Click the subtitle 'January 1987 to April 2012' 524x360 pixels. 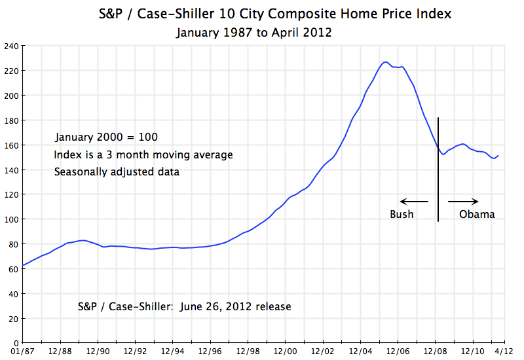point(253,32)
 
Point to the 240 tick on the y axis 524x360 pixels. point(11,46)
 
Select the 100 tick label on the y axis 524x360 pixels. point(11,219)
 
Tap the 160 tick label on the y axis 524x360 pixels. point(11,145)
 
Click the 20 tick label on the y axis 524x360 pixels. point(13,318)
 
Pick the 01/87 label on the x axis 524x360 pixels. point(23,352)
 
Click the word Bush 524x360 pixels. point(402,214)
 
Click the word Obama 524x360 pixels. point(477,214)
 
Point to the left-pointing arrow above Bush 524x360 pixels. point(414,201)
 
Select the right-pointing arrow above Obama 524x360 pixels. point(463,201)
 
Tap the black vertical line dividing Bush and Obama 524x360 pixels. point(438,170)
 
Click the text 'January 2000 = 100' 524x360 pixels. point(106,137)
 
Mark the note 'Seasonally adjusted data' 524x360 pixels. point(117,171)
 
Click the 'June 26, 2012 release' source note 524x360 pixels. point(184,306)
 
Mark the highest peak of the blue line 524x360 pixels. point(385,62)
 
